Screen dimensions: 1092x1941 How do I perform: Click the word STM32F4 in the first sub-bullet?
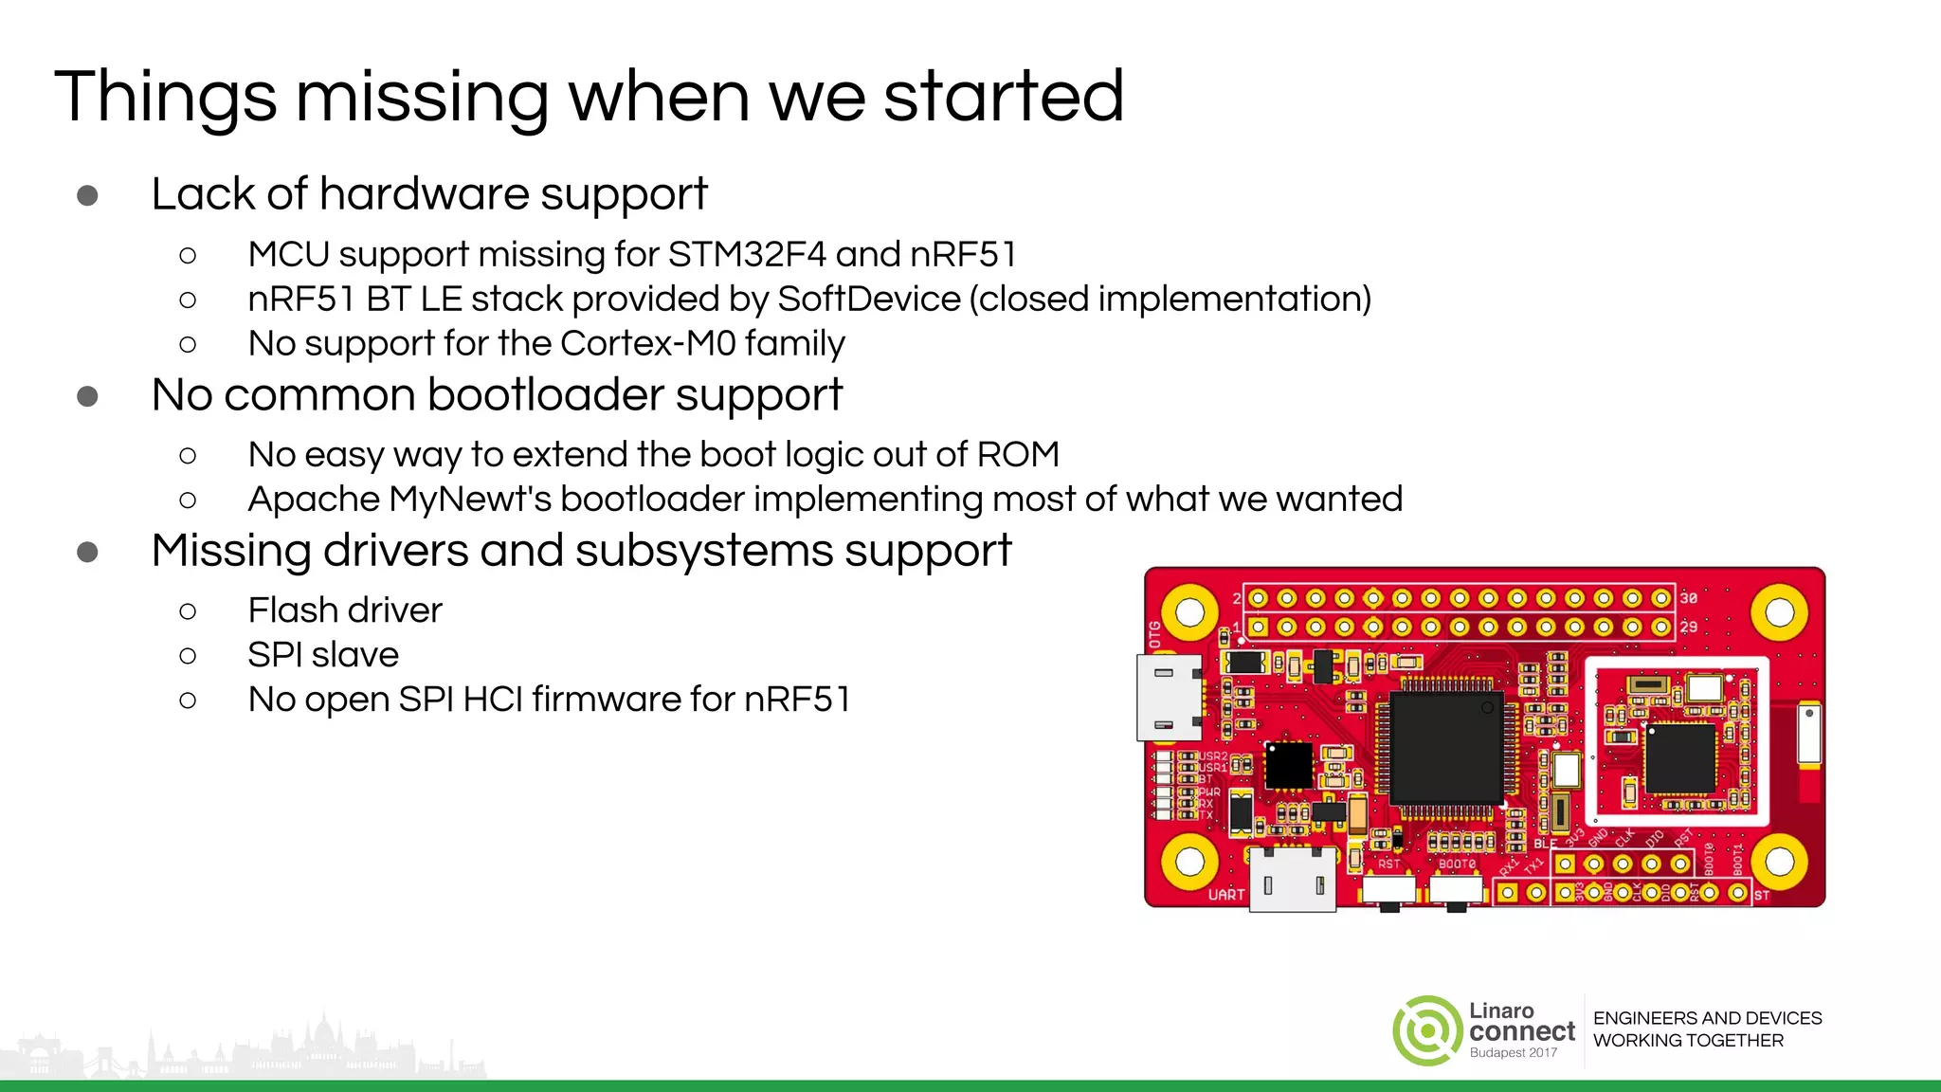(x=747, y=255)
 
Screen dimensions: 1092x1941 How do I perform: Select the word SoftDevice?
(x=868, y=300)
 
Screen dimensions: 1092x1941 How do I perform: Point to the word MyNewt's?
(x=470, y=500)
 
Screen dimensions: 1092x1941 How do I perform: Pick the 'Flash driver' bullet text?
(x=344, y=610)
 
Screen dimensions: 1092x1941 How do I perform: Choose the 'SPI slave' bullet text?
(x=323, y=655)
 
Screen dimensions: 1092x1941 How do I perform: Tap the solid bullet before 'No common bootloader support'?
(x=87, y=396)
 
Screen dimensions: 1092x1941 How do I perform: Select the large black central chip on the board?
(x=1446, y=748)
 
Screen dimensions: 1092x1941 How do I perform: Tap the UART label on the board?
(x=1225, y=895)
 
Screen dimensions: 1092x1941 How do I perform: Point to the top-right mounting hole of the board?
(x=1779, y=612)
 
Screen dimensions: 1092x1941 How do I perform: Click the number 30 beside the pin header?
(x=1689, y=598)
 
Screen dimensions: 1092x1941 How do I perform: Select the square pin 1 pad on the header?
(x=1259, y=627)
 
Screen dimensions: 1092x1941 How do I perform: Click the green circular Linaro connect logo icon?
(x=1427, y=1030)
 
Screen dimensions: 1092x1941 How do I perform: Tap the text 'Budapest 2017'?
(x=1513, y=1053)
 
